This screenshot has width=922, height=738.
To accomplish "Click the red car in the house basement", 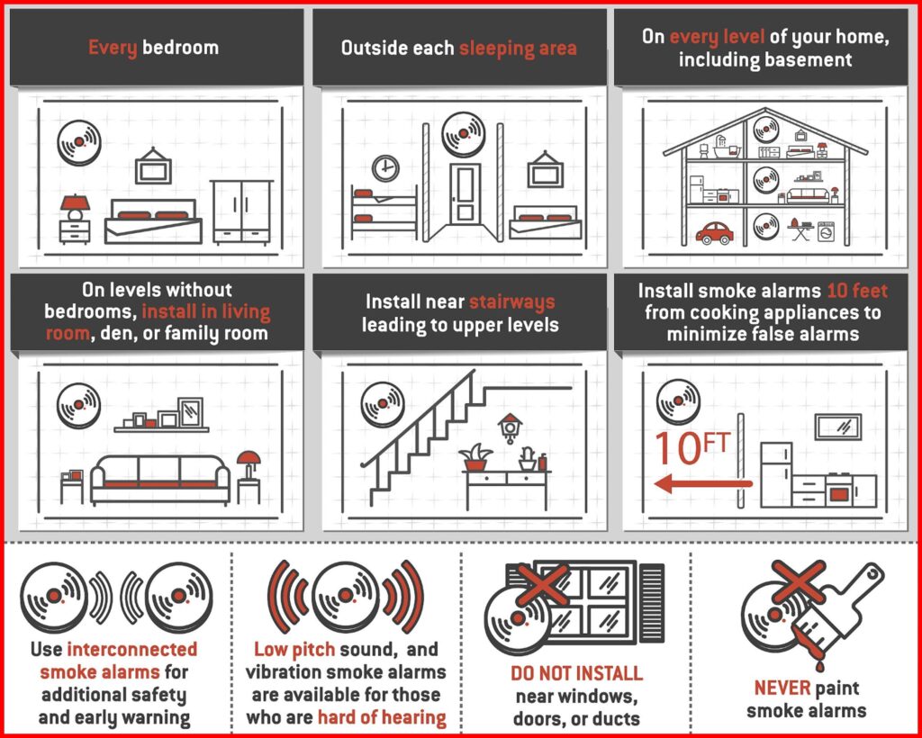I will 715,232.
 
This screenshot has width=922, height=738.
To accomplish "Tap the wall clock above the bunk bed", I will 385,167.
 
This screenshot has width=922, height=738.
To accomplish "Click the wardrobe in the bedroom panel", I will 241,211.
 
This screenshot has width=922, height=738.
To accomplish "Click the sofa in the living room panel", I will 160,477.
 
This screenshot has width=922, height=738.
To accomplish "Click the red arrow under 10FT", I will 702,485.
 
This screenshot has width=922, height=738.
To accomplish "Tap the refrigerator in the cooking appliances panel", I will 776,474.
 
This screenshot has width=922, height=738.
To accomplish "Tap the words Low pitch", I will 288,650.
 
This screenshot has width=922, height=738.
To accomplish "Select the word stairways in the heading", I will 511,301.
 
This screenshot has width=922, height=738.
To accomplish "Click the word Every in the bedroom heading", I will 112,47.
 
